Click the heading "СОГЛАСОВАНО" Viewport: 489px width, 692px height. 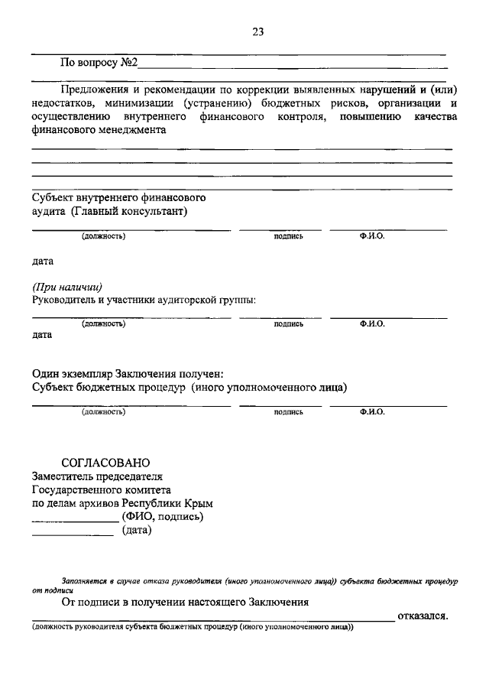pyautogui.click(x=105, y=463)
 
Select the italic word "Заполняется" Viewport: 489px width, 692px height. pyautogui.click(x=83, y=581)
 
